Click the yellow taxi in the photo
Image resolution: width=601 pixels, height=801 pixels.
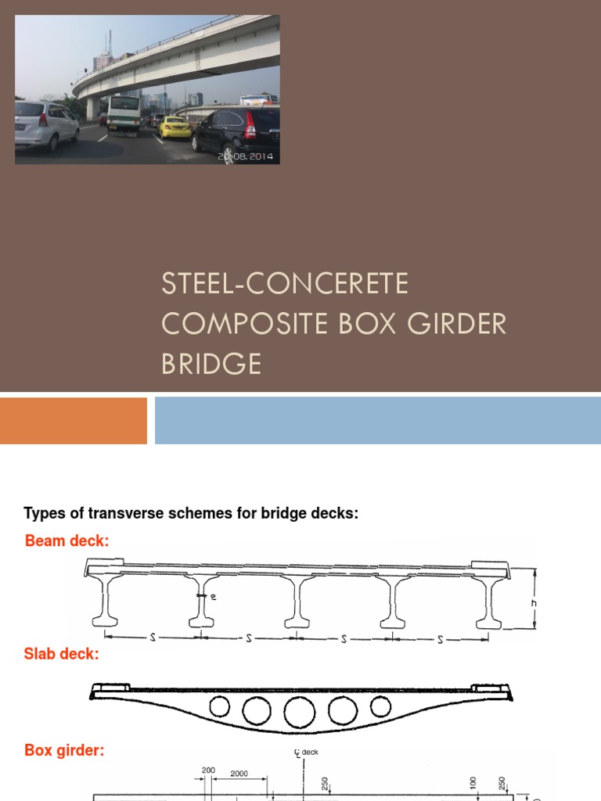pyautogui.click(x=175, y=128)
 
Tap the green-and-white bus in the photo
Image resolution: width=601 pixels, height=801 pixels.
pyautogui.click(x=123, y=114)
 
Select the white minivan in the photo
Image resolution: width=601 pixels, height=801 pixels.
pyautogui.click(x=46, y=124)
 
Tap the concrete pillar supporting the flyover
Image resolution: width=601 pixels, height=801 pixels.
pyautogui.click(x=93, y=107)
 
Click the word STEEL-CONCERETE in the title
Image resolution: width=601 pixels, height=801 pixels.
pyautogui.click(x=285, y=283)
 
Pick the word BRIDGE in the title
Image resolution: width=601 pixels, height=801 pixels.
pyautogui.click(x=211, y=365)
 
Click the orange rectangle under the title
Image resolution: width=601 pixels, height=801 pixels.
pyautogui.click(x=74, y=421)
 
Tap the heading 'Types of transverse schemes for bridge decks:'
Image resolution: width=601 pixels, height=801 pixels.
pyautogui.click(x=191, y=513)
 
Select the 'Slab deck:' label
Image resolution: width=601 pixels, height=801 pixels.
pyautogui.click(x=62, y=654)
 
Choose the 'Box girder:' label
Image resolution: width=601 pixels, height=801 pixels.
pyautogui.click(x=64, y=751)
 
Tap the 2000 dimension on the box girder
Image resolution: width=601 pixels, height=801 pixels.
pyautogui.click(x=239, y=773)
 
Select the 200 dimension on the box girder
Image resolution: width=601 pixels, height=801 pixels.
pyautogui.click(x=208, y=770)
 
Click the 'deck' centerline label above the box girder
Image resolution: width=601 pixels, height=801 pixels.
pyautogui.click(x=309, y=753)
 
